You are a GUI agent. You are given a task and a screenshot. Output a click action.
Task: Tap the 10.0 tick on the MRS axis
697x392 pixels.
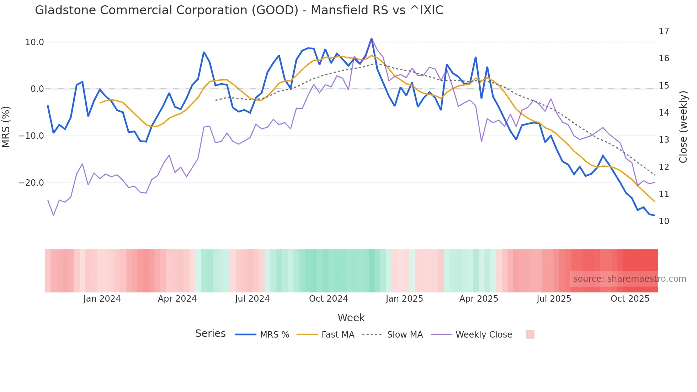[x=34, y=42]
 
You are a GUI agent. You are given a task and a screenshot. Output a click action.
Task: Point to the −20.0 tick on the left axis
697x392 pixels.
[x=31, y=183]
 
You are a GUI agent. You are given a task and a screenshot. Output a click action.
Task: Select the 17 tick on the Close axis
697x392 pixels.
[x=664, y=31]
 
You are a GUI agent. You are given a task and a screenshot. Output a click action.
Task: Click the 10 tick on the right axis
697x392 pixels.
[x=664, y=221]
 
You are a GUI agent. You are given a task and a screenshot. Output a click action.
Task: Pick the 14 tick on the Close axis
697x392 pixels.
[x=664, y=113]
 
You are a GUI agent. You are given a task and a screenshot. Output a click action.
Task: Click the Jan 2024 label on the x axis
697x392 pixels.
[x=102, y=299]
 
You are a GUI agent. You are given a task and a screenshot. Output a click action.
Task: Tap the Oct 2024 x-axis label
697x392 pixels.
[x=328, y=299]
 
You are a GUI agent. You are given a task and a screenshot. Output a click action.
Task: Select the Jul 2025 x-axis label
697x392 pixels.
[x=554, y=299]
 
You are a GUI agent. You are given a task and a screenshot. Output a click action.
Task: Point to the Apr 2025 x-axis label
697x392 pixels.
[x=479, y=299]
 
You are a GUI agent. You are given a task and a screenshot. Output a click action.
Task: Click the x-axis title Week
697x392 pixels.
[x=351, y=318]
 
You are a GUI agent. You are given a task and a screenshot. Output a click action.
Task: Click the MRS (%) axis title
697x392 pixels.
[x=6, y=127]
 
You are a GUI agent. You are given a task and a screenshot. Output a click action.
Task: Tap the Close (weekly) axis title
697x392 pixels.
[x=683, y=127]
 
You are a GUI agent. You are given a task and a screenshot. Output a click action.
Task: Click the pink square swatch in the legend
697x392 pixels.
[x=530, y=334]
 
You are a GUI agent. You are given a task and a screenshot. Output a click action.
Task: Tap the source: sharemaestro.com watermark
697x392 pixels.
[x=629, y=279]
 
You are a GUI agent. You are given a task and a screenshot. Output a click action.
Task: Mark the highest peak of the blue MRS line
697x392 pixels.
[x=372, y=38]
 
